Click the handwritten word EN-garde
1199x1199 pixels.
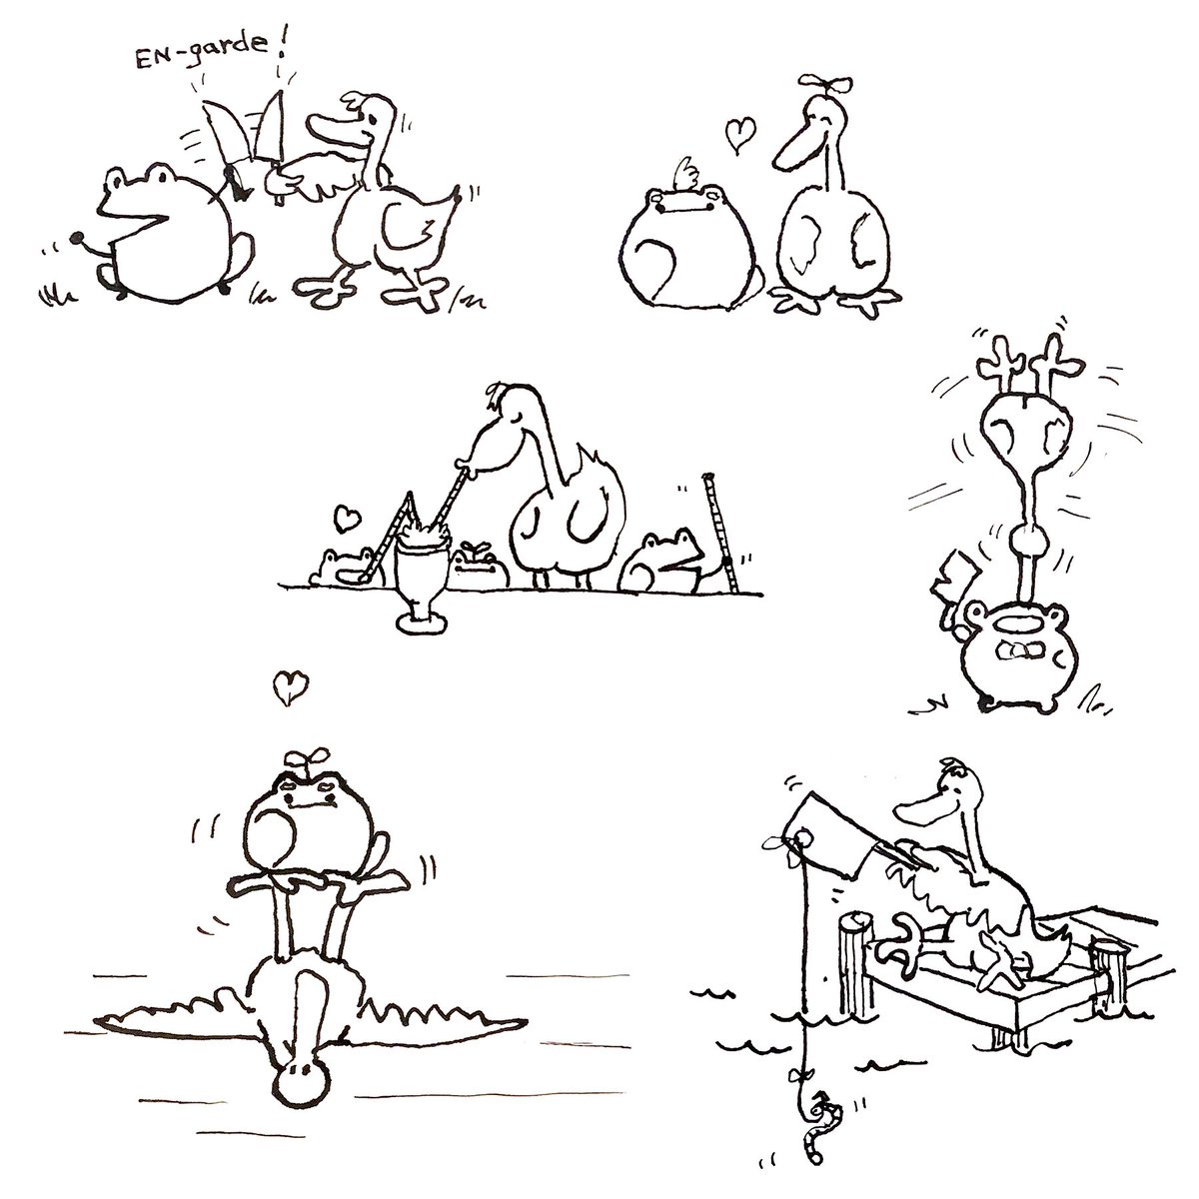point(201,55)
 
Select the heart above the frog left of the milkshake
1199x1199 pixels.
point(347,518)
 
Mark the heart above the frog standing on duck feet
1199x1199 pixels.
point(291,686)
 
